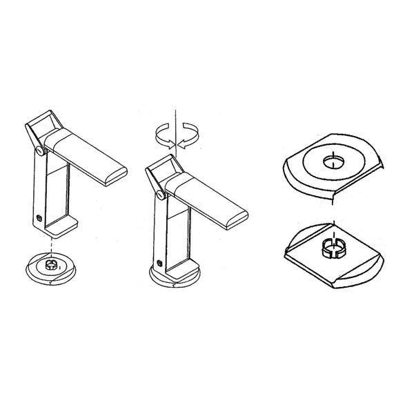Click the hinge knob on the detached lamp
[x=42, y=148]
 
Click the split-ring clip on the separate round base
[x=51, y=264]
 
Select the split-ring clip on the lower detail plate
[x=332, y=246]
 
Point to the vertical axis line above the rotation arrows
[x=177, y=116]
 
